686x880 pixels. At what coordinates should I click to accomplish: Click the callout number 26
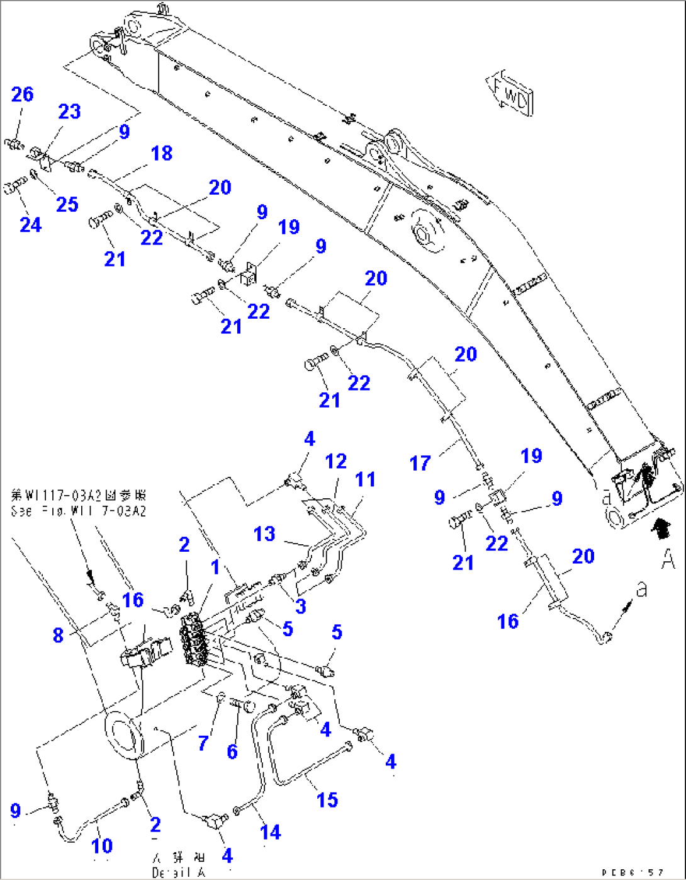tap(23, 94)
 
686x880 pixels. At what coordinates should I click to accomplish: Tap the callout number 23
tap(69, 111)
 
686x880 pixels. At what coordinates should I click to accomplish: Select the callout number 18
tap(162, 153)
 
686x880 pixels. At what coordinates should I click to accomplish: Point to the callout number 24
tap(30, 224)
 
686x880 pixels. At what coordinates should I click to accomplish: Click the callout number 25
tap(67, 204)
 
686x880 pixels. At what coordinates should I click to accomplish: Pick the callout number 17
tap(420, 464)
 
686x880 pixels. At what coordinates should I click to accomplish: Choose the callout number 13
tap(264, 534)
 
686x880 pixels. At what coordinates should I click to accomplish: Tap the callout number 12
tap(336, 461)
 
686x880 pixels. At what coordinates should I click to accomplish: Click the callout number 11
tap(365, 479)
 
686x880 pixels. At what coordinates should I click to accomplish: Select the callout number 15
tap(327, 800)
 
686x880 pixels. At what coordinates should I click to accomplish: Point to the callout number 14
tap(271, 832)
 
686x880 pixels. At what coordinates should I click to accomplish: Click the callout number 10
tap(102, 845)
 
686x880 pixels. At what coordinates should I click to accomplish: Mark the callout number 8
tap(58, 635)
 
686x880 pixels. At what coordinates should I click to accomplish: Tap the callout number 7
tap(203, 743)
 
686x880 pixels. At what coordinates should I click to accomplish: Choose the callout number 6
tap(232, 751)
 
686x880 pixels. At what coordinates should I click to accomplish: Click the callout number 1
tap(215, 567)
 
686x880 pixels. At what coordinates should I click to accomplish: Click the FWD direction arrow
tap(510, 95)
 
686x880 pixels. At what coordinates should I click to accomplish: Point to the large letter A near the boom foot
tap(668, 558)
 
